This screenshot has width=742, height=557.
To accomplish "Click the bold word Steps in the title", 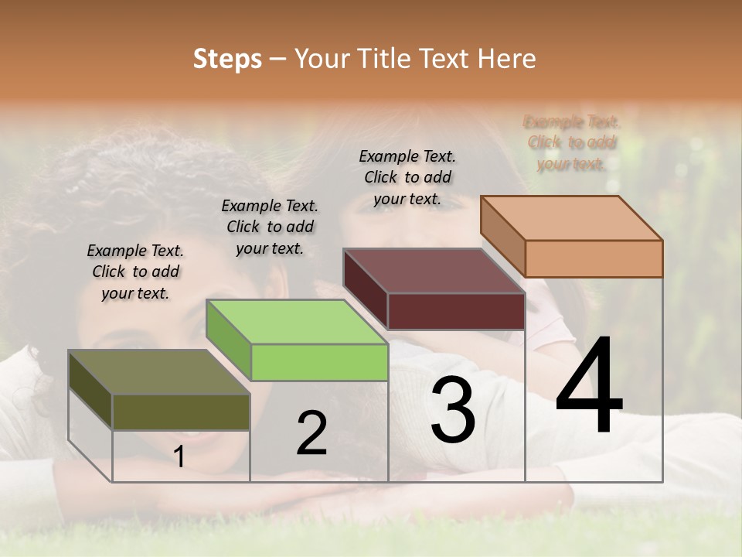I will tap(227, 59).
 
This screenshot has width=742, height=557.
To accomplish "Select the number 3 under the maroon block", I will tap(452, 410).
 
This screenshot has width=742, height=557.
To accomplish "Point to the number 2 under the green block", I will tap(311, 433).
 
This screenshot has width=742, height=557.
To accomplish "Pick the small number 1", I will tap(179, 456).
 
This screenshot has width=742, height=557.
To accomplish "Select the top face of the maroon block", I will tap(434, 272).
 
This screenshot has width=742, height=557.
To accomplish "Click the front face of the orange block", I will tap(594, 258).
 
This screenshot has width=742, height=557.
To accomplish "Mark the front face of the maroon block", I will tap(456, 311).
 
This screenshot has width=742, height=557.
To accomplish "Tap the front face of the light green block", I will tap(319, 362).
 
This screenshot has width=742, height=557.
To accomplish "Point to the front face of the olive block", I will tap(181, 412).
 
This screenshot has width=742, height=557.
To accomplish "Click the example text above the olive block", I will tap(135, 272).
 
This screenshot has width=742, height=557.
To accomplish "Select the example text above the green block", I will tap(270, 227).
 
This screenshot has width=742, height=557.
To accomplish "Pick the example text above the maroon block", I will tap(407, 177).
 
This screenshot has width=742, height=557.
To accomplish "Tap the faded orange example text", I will tap(572, 142).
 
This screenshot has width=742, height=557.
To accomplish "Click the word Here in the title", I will tap(507, 59).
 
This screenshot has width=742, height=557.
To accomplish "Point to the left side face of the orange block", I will tap(502, 236).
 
